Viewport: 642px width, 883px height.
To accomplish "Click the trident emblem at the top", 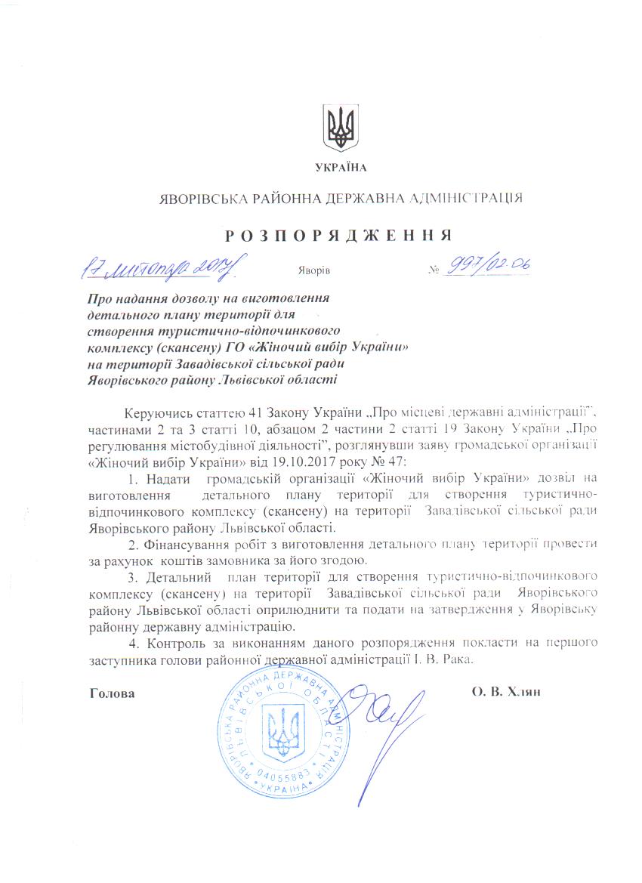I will pos(341,128).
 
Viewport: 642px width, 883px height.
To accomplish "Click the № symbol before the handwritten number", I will pos(434,270).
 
